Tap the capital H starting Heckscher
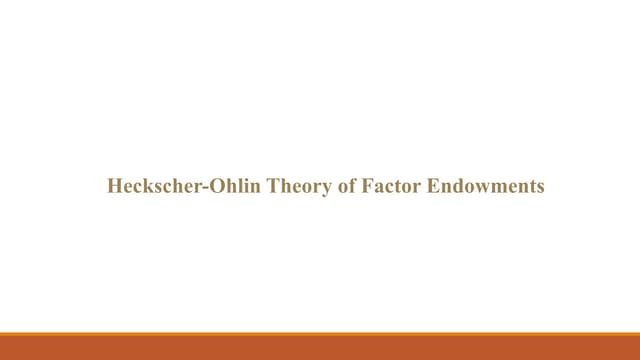coord(113,186)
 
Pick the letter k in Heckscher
coord(140,186)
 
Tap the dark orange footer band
coord(320,348)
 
